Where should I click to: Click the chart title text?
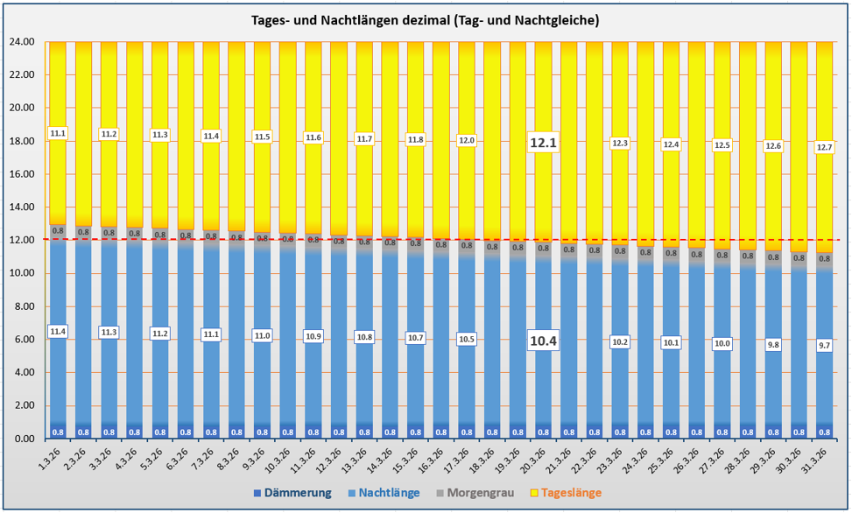coord(426,20)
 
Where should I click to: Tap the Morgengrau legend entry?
coord(482,493)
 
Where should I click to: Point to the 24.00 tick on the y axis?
coord(22,42)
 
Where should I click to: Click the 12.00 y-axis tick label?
coord(22,240)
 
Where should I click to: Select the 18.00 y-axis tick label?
coord(22,141)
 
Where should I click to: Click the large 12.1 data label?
coord(544,143)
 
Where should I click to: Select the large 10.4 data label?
coord(544,341)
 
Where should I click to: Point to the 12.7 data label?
coord(825,147)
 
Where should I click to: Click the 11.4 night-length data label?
coord(59,332)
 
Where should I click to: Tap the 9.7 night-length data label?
coord(825,346)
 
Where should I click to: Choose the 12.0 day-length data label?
coord(468,140)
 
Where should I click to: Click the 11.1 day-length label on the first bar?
coord(59,133)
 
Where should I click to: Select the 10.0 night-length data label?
coord(722,343)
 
